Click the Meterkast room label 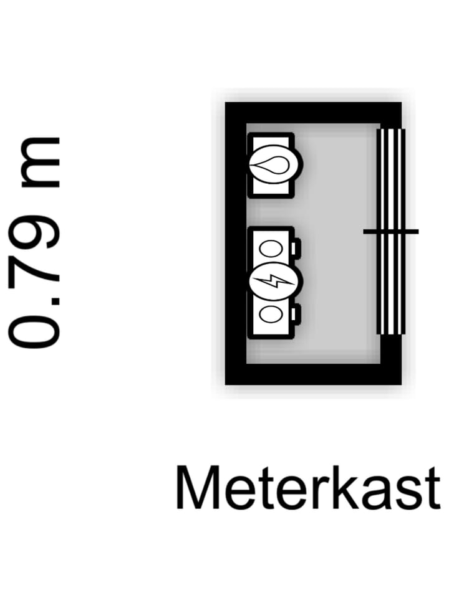coord(307,488)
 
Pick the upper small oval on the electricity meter coord(271,249)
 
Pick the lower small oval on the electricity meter coord(271,315)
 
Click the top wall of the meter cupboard coord(313,113)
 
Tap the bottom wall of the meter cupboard coord(313,374)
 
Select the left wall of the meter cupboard coord(236,244)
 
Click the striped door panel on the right coord(391,232)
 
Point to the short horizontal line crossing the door coord(391,232)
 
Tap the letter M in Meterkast coord(198,488)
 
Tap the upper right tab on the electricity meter coord(296,247)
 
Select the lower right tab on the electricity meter coord(296,313)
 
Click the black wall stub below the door coord(391,349)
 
